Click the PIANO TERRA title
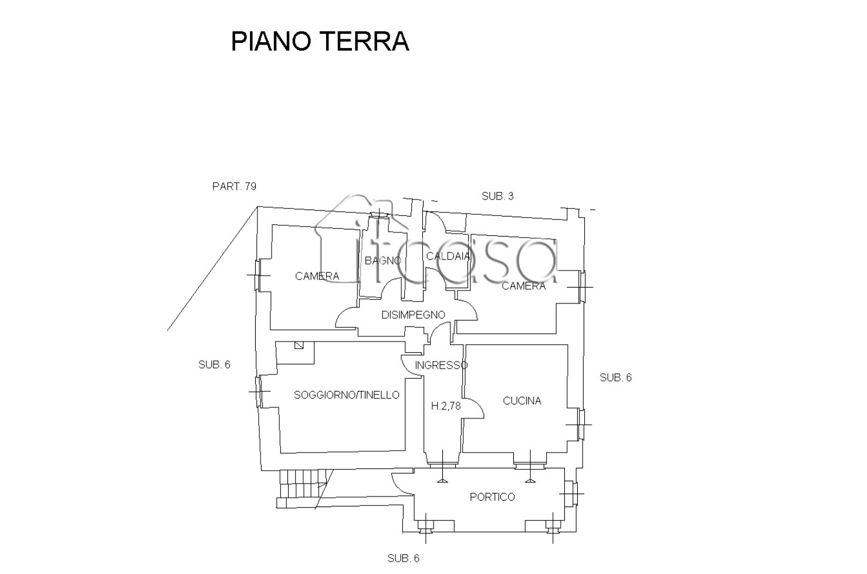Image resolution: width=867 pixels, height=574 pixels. point(320,41)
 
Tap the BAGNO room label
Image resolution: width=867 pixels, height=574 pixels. point(383,261)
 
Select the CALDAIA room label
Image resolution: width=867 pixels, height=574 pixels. point(448,256)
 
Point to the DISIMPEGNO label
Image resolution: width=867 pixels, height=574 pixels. point(414,315)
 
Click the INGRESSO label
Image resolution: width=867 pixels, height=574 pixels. point(441,365)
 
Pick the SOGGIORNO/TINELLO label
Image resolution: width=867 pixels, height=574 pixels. point(347,394)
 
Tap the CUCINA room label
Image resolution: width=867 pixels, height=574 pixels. point(521,400)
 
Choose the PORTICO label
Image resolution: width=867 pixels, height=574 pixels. point(492,497)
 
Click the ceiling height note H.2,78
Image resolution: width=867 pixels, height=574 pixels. point(446,406)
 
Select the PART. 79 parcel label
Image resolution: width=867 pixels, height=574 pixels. point(234,186)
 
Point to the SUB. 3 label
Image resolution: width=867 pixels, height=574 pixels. point(497,196)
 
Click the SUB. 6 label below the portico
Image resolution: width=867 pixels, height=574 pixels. point(404,558)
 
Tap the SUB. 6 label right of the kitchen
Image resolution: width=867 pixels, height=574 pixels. point(615,377)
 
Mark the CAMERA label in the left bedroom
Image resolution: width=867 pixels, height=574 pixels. point(317,276)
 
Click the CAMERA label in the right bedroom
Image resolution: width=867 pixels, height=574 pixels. point(524,286)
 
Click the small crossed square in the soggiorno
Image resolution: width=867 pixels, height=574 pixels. point(299,345)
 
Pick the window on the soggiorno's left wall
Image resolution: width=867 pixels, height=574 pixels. point(258,391)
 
